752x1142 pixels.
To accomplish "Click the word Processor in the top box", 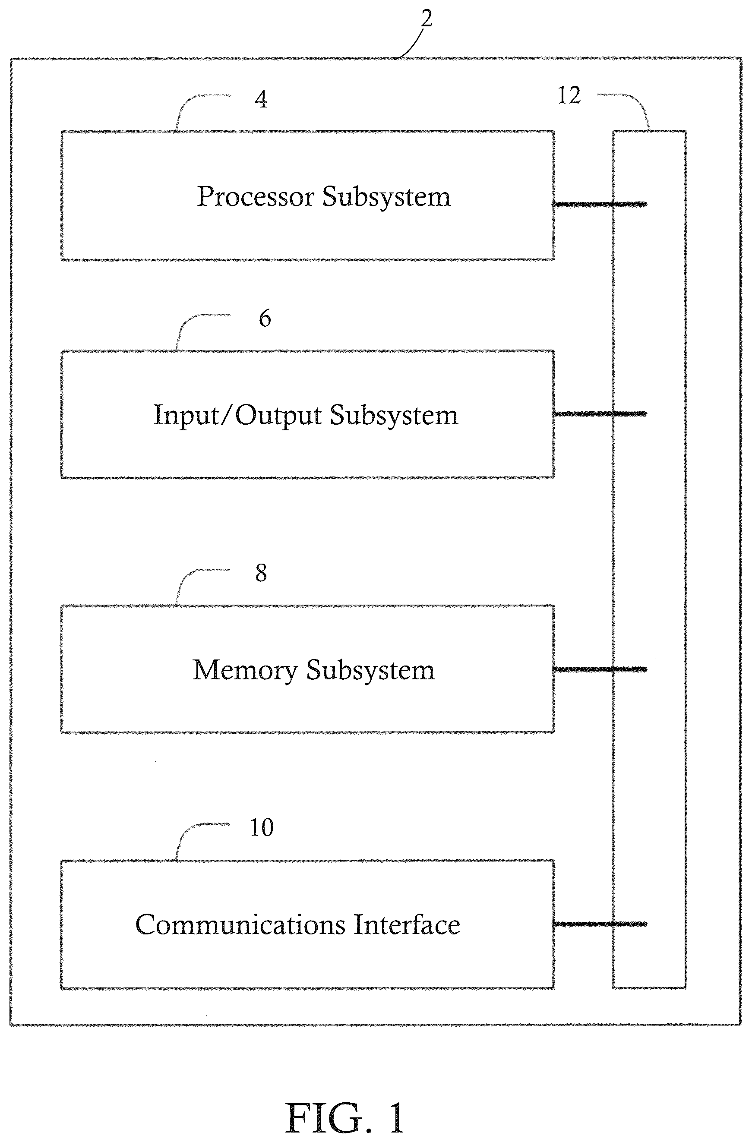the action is point(256,197).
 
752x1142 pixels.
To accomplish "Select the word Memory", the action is point(245,670).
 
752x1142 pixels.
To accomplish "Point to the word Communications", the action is point(240,924).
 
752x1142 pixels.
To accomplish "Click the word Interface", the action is point(407,924).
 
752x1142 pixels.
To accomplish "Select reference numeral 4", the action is point(261,99).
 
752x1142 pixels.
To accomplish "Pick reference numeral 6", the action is point(265,318).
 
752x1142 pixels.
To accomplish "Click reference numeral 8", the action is point(261,573).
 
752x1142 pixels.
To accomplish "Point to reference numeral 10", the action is point(262,828).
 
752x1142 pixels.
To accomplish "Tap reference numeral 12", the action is point(569,95).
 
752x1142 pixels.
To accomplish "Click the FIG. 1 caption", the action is point(344,1117).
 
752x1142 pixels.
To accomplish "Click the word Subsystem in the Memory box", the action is point(370,670).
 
